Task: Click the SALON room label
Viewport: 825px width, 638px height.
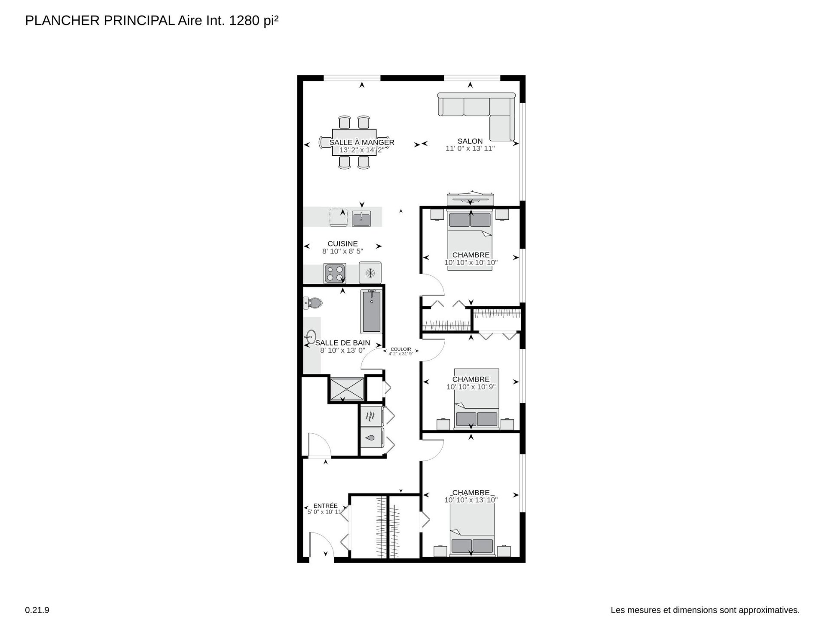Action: tap(470, 141)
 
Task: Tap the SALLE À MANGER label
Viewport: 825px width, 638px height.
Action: tap(362, 142)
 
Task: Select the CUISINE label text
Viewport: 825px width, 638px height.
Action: tap(342, 244)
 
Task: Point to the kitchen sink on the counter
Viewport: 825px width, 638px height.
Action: tap(361, 219)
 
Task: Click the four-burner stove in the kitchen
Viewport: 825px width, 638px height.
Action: tap(335, 273)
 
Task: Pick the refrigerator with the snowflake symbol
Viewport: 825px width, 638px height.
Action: tap(370, 273)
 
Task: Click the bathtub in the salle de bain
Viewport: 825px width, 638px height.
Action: tap(371, 311)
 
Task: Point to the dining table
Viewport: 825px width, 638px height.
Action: tap(354, 142)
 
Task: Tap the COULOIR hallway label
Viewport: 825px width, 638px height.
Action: tap(400, 349)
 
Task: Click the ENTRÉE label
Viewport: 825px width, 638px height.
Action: tap(325, 506)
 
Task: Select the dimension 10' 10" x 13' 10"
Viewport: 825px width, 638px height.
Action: tap(471, 500)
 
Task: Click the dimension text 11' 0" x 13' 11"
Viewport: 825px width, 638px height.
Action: tap(470, 148)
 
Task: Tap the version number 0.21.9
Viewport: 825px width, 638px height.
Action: tap(37, 610)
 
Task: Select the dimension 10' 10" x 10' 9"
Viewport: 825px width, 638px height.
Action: tap(471, 387)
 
